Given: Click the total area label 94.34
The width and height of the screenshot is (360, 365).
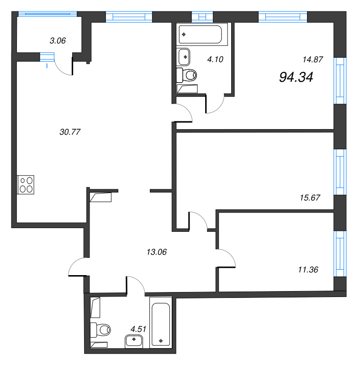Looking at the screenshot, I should pos(296,78).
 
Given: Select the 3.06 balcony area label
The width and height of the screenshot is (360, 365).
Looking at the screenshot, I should pos(58,41).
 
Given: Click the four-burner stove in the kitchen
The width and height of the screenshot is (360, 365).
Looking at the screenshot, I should pos(26,184).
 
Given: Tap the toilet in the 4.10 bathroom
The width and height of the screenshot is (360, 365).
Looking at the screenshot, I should pos(188,74).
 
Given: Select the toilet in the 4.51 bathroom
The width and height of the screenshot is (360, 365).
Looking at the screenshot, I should pos(101,328).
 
